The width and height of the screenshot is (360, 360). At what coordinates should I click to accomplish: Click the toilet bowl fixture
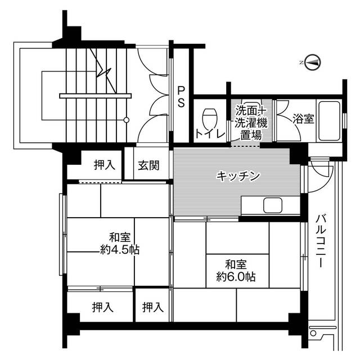(210, 117)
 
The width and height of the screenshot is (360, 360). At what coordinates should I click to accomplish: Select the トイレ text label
(210, 134)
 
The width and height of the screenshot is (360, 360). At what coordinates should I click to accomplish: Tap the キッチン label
(238, 176)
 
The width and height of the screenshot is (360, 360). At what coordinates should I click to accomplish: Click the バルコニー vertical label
(321, 242)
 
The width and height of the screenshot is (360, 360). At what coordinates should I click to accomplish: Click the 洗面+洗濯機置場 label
(248, 122)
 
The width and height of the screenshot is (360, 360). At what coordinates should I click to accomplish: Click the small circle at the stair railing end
(127, 120)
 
